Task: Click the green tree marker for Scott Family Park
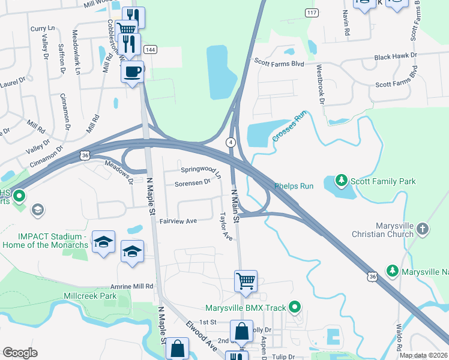click(342, 181)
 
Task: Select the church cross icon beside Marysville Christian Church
click(423, 229)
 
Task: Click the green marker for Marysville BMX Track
click(294, 308)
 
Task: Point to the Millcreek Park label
click(90, 296)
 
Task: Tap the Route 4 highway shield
click(231, 142)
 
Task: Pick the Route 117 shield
click(311, 13)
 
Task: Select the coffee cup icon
click(132, 72)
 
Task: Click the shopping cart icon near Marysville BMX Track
click(246, 280)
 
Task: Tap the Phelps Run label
click(294, 186)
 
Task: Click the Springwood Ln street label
click(201, 170)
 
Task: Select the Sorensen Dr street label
click(192, 182)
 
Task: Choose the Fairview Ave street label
click(178, 221)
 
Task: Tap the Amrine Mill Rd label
click(131, 287)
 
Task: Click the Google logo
click(20, 353)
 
